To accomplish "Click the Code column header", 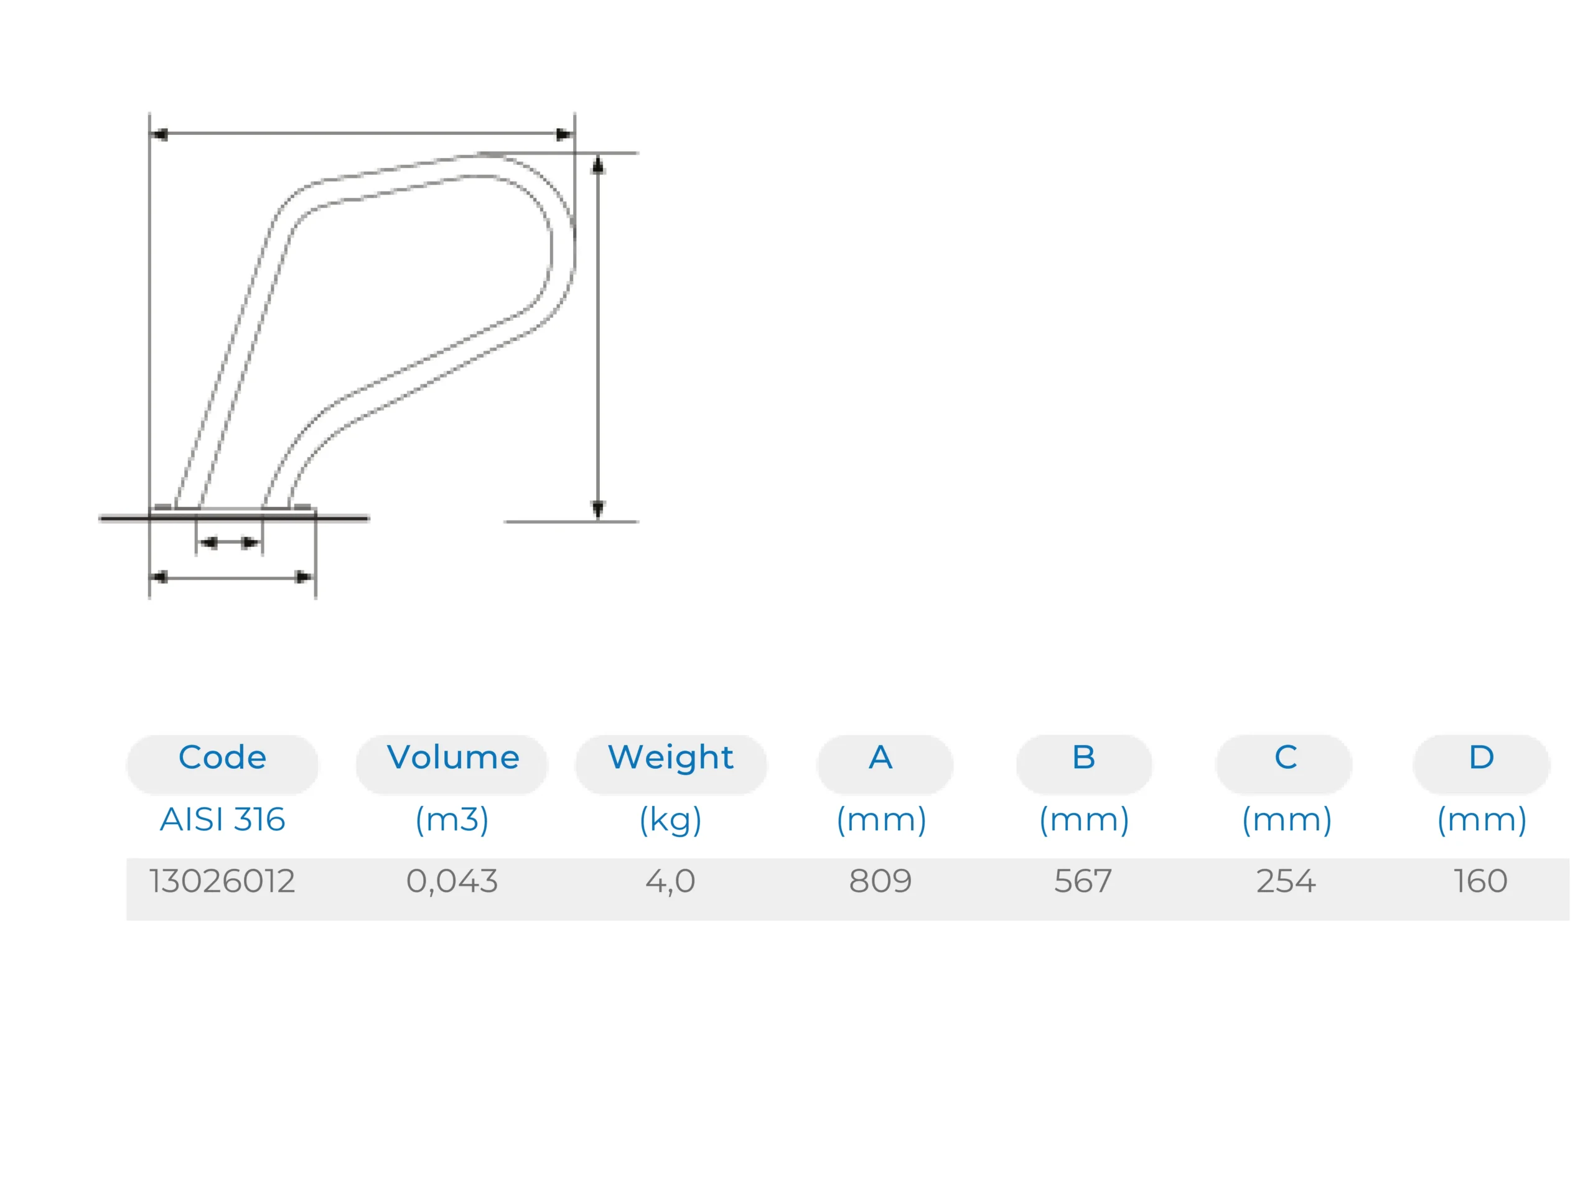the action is click(222, 758).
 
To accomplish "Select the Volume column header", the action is click(452, 758).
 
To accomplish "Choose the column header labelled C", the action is click(1285, 758).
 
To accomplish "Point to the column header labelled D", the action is click(1481, 758).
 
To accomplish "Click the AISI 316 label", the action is click(222, 819).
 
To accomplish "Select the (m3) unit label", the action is click(452, 820).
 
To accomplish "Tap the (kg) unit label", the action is click(670, 820).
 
